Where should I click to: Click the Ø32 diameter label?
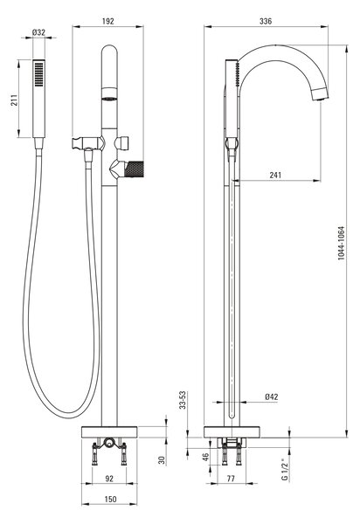coord(38,32)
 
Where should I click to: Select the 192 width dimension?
coord(108,21)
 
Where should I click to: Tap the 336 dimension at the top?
coord(266,21)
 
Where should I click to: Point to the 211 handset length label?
coord(14,100)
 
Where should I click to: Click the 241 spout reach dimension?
coord(275,175)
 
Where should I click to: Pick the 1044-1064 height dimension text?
coord(341,243)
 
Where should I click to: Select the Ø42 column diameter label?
coord(272,396)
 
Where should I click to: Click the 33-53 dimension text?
coord(183,400)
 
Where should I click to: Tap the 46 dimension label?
coord(206,457)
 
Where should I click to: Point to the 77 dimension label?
coord(231,479)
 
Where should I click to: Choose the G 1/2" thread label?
coord(285,470)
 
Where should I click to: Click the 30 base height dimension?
coord(162,460)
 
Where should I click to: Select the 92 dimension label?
coord(109,479)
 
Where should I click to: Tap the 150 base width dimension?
coord(110,500)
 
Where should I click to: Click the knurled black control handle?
coord(134,169)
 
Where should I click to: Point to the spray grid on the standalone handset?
coord(38,74)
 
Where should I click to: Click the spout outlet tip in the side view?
coord(321,97)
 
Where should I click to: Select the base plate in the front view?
coord(109,431)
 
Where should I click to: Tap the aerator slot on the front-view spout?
coord(109,99)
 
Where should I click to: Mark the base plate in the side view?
coord(232,431)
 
